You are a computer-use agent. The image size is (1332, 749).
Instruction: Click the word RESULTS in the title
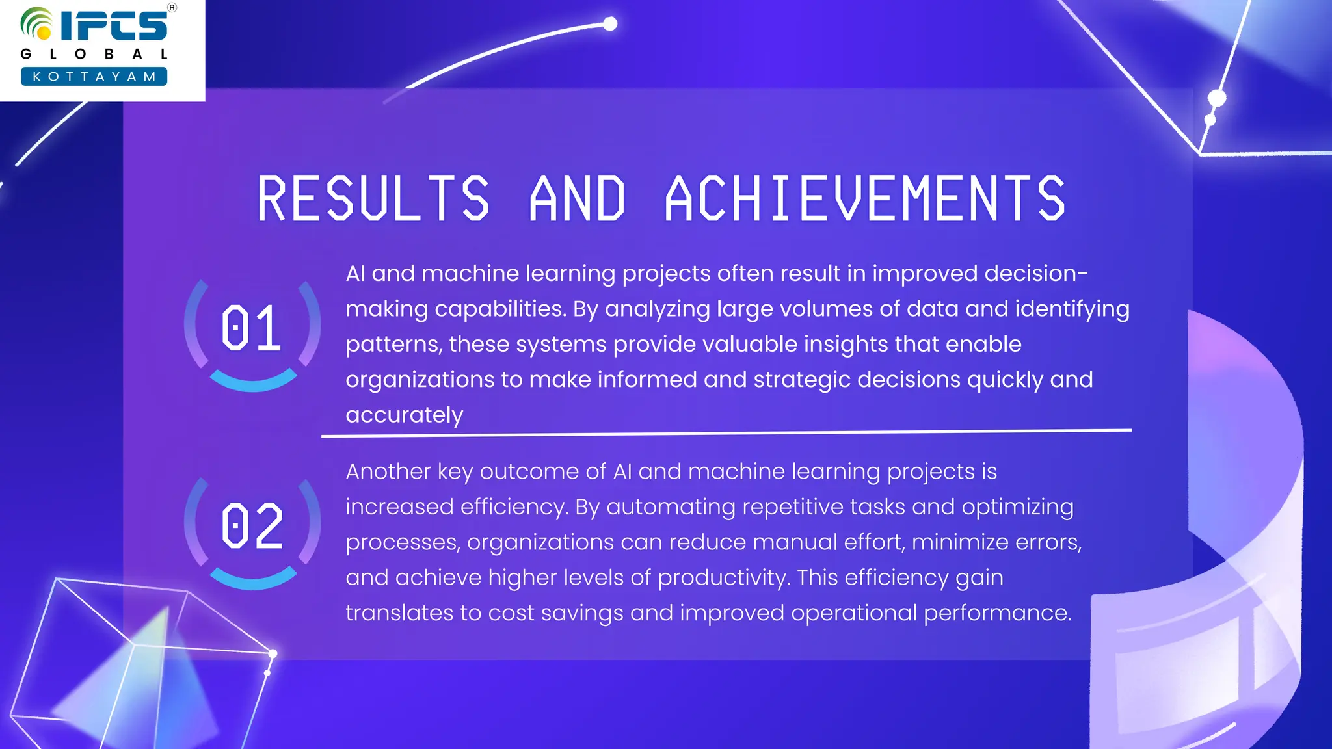coord(373,198)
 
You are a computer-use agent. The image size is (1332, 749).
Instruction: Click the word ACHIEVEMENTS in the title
coord(865,198)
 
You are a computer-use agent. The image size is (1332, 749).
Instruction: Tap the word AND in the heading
coord(578,198)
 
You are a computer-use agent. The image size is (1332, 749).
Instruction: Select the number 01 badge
coord(252,328)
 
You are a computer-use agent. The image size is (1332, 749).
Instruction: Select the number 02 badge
coord(252,526)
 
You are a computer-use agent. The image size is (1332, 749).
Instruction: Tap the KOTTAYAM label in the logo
coord(94,77)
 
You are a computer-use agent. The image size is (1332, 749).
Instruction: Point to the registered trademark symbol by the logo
coord(172,8)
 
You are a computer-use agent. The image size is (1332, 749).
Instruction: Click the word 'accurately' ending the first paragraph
coord(404,415)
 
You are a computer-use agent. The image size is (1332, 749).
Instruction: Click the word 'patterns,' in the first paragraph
coord(393,344)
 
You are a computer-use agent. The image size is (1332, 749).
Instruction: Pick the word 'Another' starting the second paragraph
coord(388,471)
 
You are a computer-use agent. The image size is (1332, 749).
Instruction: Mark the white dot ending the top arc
coord(610,24)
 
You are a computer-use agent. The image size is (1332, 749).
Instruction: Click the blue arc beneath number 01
coord(253,382)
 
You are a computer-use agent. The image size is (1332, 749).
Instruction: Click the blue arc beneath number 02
coord(253,580)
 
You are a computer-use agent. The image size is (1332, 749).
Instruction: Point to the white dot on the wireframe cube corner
coord(273,653)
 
